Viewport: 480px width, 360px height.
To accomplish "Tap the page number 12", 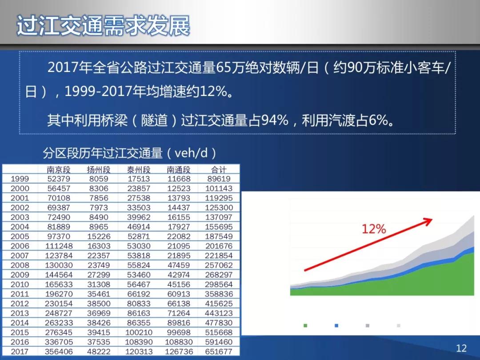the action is coord(461,348).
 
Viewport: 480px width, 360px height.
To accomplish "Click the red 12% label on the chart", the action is coord(374,229).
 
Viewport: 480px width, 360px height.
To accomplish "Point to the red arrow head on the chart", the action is coord(428,221).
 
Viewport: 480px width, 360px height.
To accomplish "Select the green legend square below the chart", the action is coord(305,325).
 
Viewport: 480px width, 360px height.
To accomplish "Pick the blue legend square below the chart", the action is coord(336,325).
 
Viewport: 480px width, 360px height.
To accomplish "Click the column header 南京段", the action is coord(59,169).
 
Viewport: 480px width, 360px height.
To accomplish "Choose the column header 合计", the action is coord(219,169).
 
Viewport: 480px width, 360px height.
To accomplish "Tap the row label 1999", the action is coord(20,179).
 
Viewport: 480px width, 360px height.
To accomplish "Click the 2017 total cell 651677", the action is coord(219,352).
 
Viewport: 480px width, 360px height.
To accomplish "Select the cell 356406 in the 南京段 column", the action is coord(59,352).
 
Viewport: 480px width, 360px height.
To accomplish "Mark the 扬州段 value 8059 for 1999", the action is coord(99,179).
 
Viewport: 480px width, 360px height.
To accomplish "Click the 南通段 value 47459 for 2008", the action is coord(179,265).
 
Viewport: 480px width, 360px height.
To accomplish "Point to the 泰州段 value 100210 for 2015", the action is coord(139,332).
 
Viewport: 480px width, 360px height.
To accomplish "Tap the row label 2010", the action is coord(20,284).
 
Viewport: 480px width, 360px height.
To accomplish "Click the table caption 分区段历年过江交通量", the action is coord(103,153).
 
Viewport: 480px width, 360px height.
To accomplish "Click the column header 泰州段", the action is coord(139,169).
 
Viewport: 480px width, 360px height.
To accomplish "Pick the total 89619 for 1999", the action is coord(219,179).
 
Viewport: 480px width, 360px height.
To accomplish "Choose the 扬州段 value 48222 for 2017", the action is coord(99,352).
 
